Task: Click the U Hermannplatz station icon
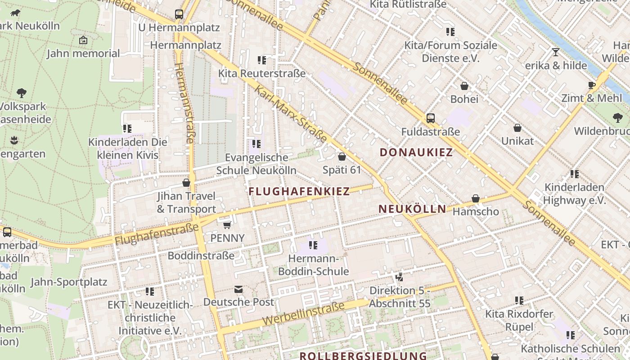(179, 14)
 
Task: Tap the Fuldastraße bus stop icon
(431, 118)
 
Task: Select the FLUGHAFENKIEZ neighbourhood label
(299, 191)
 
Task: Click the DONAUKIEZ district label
(416, 152)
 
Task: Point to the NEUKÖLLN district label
(413, 209)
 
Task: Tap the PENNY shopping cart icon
(227, 225)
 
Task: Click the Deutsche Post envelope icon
(238, 289)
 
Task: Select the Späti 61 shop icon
(342, 157)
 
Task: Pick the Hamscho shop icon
(476, 198)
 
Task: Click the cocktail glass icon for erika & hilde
(556, 52)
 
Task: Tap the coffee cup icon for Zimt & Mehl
(592, 85)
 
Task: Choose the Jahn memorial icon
(83, 40)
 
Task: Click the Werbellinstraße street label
(304, 314)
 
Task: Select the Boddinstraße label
(201, 256)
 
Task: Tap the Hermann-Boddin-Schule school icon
(313, 245)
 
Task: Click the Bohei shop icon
(464, 86)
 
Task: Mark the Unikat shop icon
(517, 128)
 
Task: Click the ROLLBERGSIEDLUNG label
(363, 356)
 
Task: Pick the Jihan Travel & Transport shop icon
(186, 183)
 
